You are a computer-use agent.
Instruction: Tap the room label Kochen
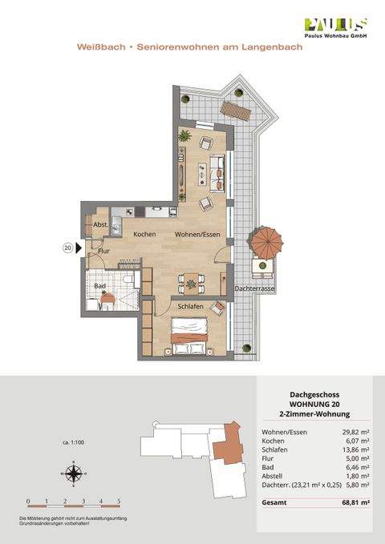click(x=144, y=234)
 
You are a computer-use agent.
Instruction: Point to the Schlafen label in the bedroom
click(x=190, y=306)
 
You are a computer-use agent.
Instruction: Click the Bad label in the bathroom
click(x=100, y=285)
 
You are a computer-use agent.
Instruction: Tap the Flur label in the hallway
click(x=103, y=251)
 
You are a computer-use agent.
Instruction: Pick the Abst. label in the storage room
click(x=100, y=225)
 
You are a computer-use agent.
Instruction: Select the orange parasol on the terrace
click(x=262, y=240)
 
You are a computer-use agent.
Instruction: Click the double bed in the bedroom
click(x=190, y=334)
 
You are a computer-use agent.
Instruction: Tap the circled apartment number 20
click(x=67, y=248)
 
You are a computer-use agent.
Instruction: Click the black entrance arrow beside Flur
click(x=79, y=248)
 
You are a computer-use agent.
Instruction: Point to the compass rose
click(x=73, y=474)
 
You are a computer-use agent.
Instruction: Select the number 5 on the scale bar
click(x=119, y=501)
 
